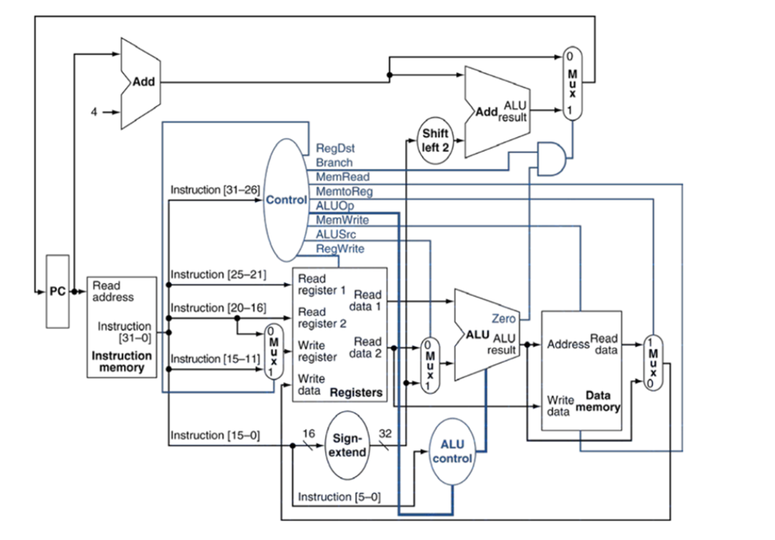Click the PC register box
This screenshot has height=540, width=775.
(57, 291)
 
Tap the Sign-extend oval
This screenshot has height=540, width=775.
(347, 446)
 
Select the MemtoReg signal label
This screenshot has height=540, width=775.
(344, 191)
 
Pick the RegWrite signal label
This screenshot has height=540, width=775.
(340, 248)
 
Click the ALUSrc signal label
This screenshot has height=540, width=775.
(337, 234)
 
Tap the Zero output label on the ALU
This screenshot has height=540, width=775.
(504, 319)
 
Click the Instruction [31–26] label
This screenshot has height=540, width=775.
(214, 190)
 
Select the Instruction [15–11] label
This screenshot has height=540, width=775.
(214, 359)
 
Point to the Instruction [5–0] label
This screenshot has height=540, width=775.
(339, 496)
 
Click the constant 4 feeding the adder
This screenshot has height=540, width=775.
(94, 112)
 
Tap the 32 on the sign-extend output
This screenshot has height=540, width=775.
(385, 433)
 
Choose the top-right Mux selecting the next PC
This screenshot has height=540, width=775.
(572, 83)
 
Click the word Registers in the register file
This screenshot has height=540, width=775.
(356, 392)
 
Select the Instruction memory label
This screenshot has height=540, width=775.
(121, 361)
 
